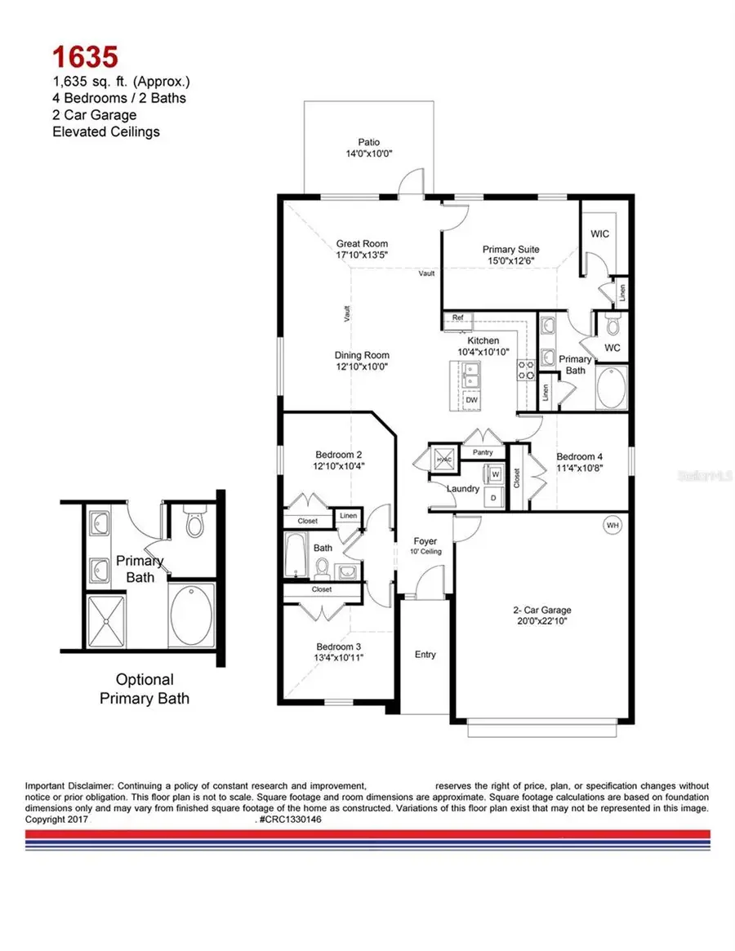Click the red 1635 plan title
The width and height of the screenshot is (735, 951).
point(86,56)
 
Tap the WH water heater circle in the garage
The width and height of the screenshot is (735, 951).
point(612,525)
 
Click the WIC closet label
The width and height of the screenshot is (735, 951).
point(599,234)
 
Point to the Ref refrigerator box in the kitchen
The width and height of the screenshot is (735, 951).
point(457,318)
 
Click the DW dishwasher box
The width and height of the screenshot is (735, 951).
point(471,400)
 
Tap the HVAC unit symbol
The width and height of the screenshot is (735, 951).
point(444,460)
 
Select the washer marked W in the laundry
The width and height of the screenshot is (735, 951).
point(495,473)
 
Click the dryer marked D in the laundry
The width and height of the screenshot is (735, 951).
point(492,497)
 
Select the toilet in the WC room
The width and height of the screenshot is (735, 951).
point(613,327)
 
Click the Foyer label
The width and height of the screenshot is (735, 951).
point(425,541)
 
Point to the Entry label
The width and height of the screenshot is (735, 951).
point(425,654)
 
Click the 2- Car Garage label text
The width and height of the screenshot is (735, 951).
point(541,610)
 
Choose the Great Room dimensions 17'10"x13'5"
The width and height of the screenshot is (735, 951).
point(362,255)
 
